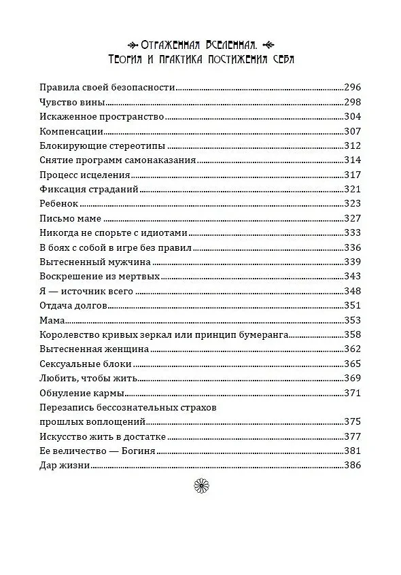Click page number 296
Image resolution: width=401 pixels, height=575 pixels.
pos(353,88)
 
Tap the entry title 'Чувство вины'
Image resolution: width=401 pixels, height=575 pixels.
pos(72,102)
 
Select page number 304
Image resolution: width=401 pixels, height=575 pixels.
pos(353,117)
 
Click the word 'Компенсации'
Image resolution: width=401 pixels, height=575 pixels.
pos(71,131)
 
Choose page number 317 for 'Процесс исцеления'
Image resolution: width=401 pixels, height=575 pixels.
pos(353,175)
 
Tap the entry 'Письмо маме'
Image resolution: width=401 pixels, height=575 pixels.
pos(71,218)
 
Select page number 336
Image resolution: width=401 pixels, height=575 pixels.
pos(353,247)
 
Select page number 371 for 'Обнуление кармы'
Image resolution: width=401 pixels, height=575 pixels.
pos(353,393)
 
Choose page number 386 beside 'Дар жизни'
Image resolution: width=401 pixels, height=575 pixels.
pos(353,466)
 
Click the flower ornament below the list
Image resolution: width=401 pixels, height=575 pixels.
pos(201,484)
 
